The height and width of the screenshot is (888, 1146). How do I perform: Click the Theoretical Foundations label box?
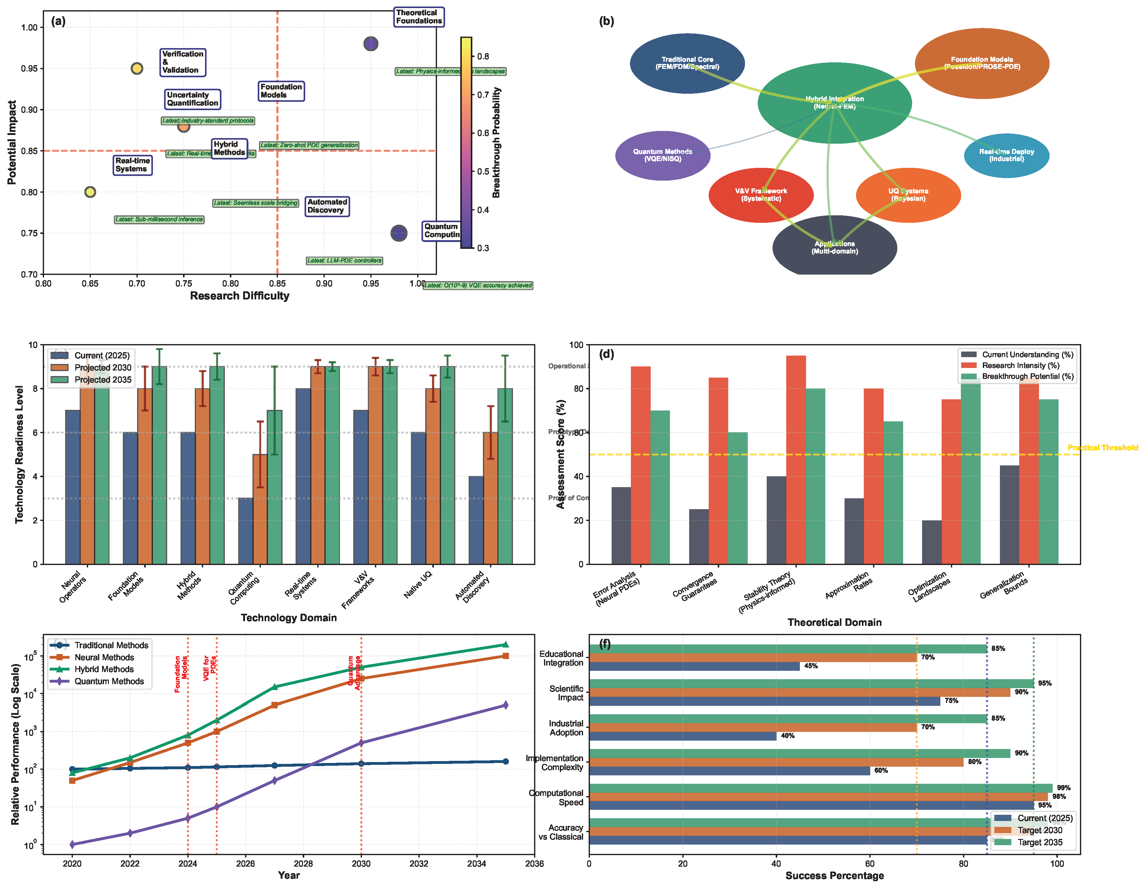point(419,17)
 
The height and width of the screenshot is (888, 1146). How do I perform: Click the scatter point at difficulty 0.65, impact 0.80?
point(90,192)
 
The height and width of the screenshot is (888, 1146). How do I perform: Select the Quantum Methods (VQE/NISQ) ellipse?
point(662,155)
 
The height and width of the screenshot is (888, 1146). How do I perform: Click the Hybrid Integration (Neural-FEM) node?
point(834,103)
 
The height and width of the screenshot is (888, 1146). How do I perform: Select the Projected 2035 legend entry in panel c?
point(102,379)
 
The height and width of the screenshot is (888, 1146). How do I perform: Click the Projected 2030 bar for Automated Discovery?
point(490,498)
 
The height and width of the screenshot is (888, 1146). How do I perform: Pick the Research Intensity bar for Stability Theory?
point(796,460)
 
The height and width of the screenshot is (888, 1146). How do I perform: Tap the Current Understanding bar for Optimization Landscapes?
point(931,542)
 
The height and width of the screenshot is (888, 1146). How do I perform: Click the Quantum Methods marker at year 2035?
point(505,705)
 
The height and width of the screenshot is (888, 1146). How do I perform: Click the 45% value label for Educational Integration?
point(811,666)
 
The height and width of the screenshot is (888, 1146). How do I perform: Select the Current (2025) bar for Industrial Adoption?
point(682,736)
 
